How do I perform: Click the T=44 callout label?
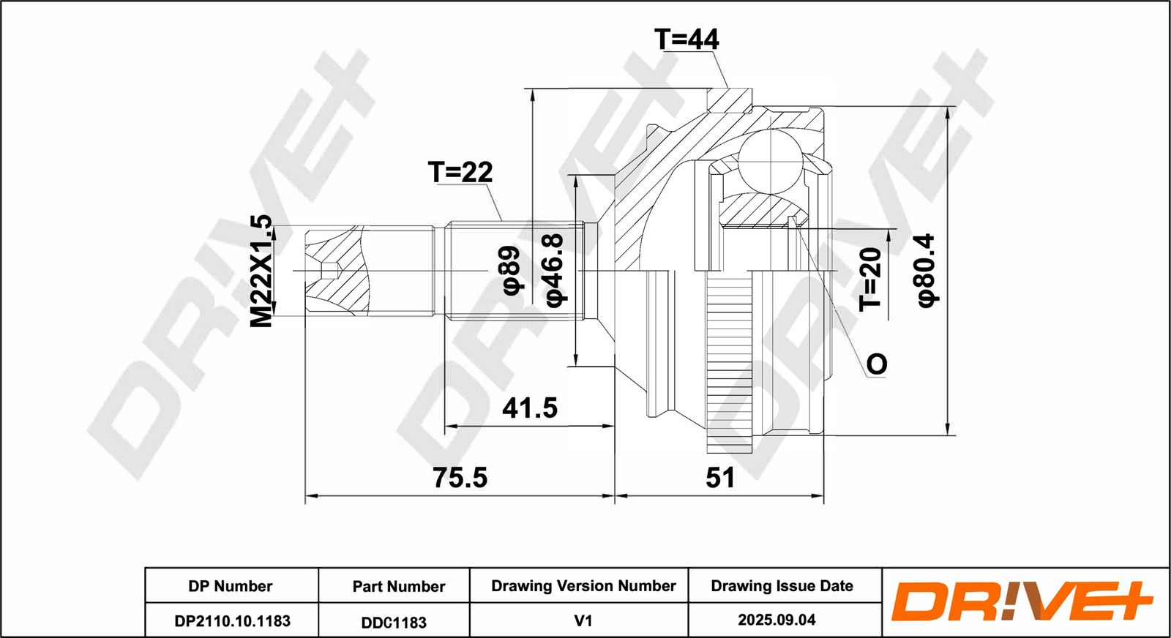(686, 40)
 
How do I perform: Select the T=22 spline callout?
(460, 172)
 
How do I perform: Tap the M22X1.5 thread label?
(261, 271)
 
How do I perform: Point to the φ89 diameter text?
(512, 270)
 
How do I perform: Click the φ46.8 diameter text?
(555, 270)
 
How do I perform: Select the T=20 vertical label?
(870, 279)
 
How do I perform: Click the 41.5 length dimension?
(530, 408)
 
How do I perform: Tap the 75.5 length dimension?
(460, 478)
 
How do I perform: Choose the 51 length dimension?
(720, 478)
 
